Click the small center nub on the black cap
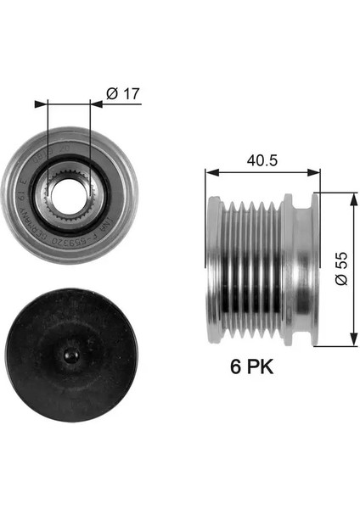tap(70, 352)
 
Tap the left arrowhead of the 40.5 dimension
tap(210, 172)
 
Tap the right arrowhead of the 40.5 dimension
tap(315, 172)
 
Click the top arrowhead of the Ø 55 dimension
tap(352, 196)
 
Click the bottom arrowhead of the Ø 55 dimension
tap(352, 340)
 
